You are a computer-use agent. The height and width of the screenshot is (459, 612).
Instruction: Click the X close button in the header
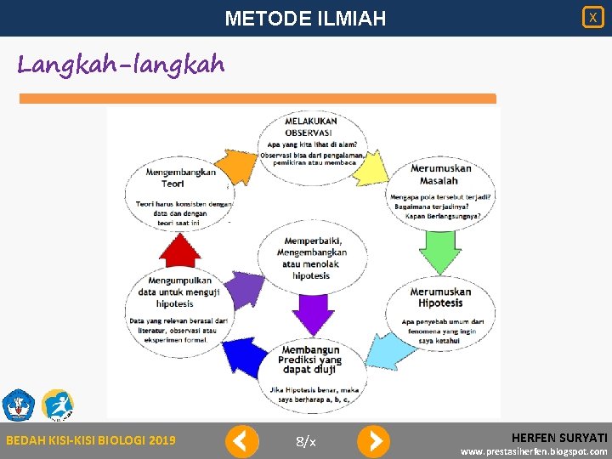pyautogui.click(x=592, y=17)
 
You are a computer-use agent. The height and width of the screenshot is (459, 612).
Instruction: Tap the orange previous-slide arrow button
pyautogui.click(x=241, y=441)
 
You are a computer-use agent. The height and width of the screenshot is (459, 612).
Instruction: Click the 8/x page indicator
pyautogui.click(x=306, y=441)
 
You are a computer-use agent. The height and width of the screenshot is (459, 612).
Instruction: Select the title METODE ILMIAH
pyautogui.click(x=305, y=18)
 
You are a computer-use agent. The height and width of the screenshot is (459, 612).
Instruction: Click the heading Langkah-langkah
pyautogui.click(x=121, y=64)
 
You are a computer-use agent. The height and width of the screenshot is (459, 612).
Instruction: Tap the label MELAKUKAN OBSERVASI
pyautogui.click(x=311, y=127)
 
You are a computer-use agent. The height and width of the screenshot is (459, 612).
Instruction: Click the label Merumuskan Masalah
pyautogui.click(x=440, y=174)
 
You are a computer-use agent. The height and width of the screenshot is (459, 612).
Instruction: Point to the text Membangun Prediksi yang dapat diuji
pyautogui.click(x=310, y=360)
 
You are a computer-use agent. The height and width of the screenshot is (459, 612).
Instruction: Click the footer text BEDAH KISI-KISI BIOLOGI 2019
pyautogui.click(x=91, y=440)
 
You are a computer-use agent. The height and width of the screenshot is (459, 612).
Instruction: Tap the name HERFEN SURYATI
pyautogui.click(x=559, y=436)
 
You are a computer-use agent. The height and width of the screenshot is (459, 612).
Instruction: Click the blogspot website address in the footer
pyautogui.click(x=534, y=451)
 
